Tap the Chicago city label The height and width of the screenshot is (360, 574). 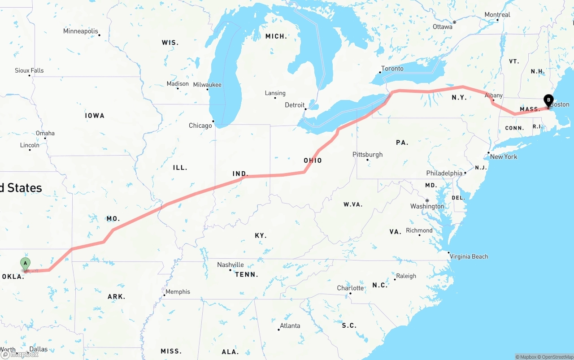pos(200,126)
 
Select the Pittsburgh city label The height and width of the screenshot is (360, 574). pos(368,155)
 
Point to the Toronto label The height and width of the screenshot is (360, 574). pos(392,69)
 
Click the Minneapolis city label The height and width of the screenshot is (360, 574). pos(81,31)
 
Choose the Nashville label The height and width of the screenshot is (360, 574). pos(230,265)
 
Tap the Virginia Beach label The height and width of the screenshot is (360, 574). pos(469,256)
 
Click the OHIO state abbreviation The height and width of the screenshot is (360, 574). pos(313,160)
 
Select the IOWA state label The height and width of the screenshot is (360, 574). pos(95,116)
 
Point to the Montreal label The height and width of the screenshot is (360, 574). pos(497,15)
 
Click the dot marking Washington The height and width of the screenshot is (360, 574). pos(427,200)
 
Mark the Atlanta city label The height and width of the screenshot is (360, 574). pos(290,325)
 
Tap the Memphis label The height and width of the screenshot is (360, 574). pos(178,292)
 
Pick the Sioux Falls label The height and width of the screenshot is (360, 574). pos(29,70)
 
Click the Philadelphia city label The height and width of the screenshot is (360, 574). pos(444,173)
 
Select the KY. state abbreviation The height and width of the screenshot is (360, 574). pos(261,235)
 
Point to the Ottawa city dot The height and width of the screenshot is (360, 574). pos(454,22)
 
